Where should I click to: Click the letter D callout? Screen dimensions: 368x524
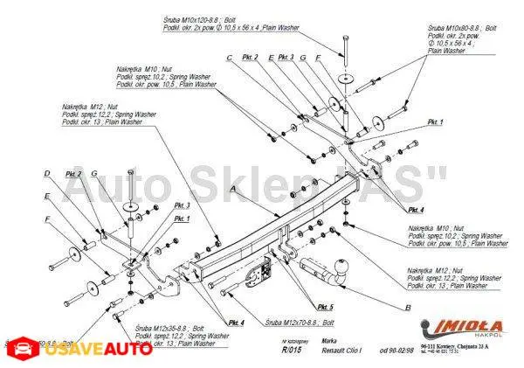47,172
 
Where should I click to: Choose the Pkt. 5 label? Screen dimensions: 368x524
324,307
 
